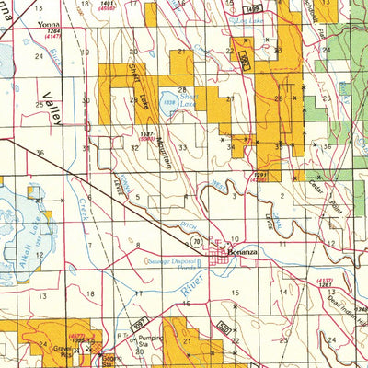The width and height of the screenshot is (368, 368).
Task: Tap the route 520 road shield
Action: pos(224,325)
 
